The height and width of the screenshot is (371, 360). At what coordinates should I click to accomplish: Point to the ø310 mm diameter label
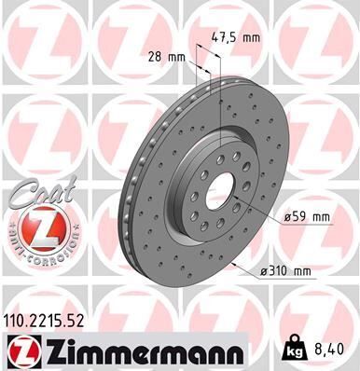click(x=285, y=271)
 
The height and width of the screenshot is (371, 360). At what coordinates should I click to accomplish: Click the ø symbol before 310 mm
click(x=266, y=271)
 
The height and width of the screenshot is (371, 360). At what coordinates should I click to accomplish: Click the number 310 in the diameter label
click(x=281, y=271)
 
